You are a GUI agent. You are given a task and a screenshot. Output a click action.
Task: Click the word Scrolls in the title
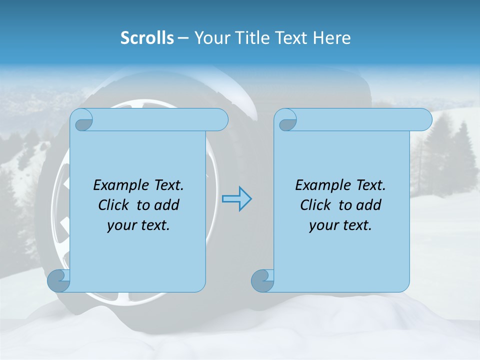[x=147, y=38]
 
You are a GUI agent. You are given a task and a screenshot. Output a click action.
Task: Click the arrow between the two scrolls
[x=236, y=198]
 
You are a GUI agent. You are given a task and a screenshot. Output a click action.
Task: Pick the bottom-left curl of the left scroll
[x=58, y=281]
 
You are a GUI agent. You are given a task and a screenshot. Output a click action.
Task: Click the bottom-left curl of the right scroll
[x=262, y=281]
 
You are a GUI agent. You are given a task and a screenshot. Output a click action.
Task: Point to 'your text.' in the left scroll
[x=138, y=225]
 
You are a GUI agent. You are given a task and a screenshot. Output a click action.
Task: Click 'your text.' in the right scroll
[x=340, y=225]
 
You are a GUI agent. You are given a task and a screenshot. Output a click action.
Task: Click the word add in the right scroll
[x=369, y=205]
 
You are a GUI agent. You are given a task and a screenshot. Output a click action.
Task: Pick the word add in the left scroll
[x=167, y=205]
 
